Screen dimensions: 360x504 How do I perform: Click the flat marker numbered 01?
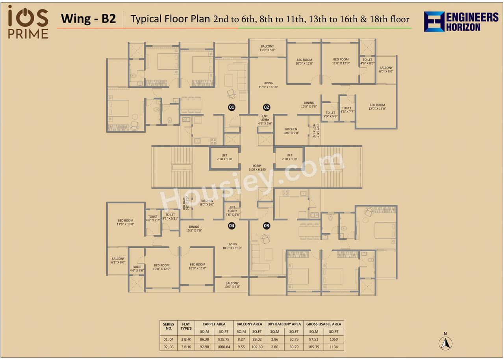(x=232, y=107)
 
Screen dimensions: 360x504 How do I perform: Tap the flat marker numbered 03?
(x=267, y=226)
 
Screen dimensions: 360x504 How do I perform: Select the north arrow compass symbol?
(x=445, y=343)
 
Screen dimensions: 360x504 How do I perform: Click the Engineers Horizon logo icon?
(x=434, y=22)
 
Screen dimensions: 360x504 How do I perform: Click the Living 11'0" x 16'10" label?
(x=268, y=85)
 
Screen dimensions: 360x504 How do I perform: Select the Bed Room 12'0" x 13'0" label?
(x=377, y=107)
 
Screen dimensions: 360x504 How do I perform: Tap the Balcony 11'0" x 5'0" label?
(x=267, y=48)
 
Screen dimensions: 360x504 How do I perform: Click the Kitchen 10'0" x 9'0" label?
(x=291, y=131)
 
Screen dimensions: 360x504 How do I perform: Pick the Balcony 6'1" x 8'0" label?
(x=118, y=260)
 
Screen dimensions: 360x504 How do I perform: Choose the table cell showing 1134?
(x=334, y=347)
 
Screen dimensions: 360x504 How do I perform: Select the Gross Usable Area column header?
(x=324, y=324)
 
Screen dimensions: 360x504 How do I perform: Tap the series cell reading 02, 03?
(x=169, y=347)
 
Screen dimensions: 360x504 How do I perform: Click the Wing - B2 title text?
(x=88, y=19)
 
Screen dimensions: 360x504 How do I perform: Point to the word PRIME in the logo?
(x=28, y=34)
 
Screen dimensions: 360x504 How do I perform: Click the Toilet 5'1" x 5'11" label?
(x=170, y=216)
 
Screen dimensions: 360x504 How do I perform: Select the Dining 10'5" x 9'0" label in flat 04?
(x=194, y=228)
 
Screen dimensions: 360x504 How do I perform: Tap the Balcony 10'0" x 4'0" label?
(x=232, y=285)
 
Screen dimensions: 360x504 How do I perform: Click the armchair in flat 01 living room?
(x=231, y=94)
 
